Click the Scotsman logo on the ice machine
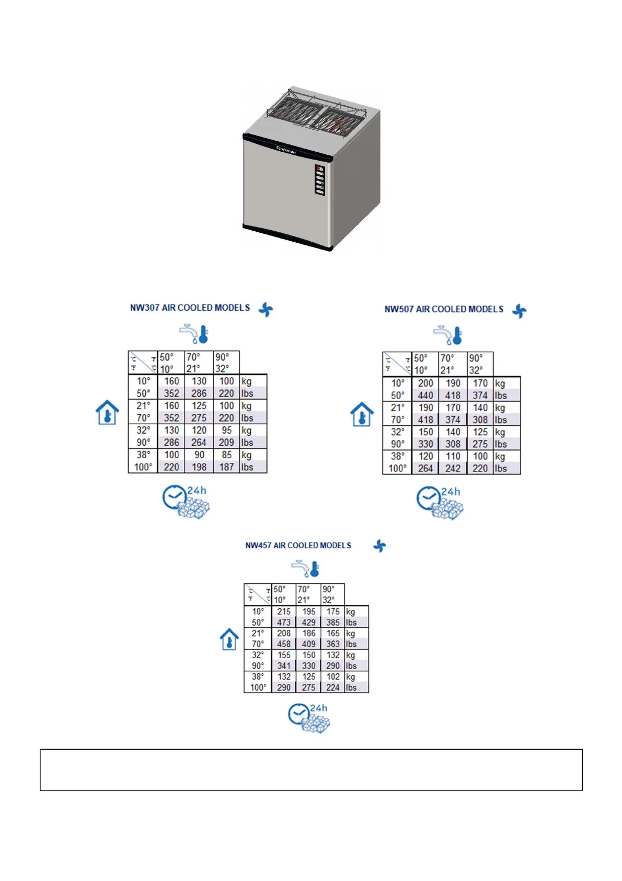click(x=286, y=150)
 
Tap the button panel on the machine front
click(x=320, y=180)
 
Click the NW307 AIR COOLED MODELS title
click(x=190, y=308)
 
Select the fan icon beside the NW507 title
click(x=519, y=311)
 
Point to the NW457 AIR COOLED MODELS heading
click(x=298, y=545)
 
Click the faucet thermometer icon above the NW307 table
click(x=194, y=333)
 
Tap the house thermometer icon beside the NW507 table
click(x=362, y=414)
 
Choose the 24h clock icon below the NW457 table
click(x=309, y=718)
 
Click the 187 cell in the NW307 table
click(x=226, y=467)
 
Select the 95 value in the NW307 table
click(x=226, y=430)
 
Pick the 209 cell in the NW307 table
click(x=226, y=442)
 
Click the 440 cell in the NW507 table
click(x=425, y=396)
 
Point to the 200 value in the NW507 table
click(x=425, y=383)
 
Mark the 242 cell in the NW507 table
click(x=453, y=468)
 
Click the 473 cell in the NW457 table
click(x=284, y=623)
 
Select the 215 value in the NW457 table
click(x=284, y=611)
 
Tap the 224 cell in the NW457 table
click(x=333, y=687)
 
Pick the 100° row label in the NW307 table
click(x=143, y=467)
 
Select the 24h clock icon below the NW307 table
click(x=186, y=502)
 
